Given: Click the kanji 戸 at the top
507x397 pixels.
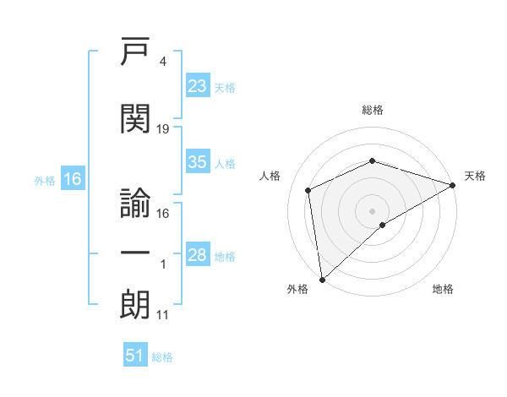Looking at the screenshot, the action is [135, 51].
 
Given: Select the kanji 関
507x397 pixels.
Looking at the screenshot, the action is [135, 118].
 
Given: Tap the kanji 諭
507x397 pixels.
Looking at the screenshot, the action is [135, 203].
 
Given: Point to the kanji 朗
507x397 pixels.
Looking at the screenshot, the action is [135, 304].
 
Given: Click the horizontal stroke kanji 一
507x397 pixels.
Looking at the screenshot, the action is [135, 253].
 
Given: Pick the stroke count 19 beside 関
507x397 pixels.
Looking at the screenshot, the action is [162, 129].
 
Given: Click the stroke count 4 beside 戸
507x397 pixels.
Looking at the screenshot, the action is [162, 62].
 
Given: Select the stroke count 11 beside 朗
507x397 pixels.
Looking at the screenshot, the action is [162, 315].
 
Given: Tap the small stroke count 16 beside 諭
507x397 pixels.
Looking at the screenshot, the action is [162, 214].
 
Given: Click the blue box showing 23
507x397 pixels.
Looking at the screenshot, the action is [198, 85].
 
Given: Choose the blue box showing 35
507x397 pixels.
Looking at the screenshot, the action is [198, 161].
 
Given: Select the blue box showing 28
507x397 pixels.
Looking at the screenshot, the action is [198, 253].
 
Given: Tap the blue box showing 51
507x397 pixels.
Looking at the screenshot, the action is [135, 354].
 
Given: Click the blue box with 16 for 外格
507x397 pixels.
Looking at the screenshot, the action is [73, 178].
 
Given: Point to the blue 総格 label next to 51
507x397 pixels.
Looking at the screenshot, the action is [162, 357].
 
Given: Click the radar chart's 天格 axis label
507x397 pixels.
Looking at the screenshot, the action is [475, 176].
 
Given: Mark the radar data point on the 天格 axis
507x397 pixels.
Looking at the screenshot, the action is [452, 185].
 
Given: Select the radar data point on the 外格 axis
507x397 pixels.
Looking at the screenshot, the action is [322, 280].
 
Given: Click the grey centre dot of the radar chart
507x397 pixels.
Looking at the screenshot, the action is [372, 211].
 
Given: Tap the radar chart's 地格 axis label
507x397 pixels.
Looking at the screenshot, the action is [443, 289].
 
